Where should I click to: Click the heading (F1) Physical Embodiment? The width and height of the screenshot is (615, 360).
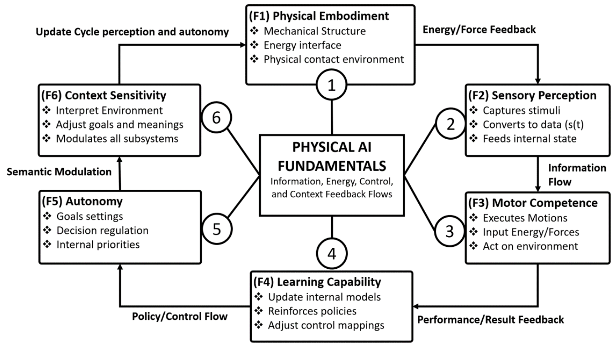click(318, 16)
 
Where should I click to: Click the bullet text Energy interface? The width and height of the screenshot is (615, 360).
click(302, 45)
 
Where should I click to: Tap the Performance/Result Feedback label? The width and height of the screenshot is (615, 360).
click(491, 319)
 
